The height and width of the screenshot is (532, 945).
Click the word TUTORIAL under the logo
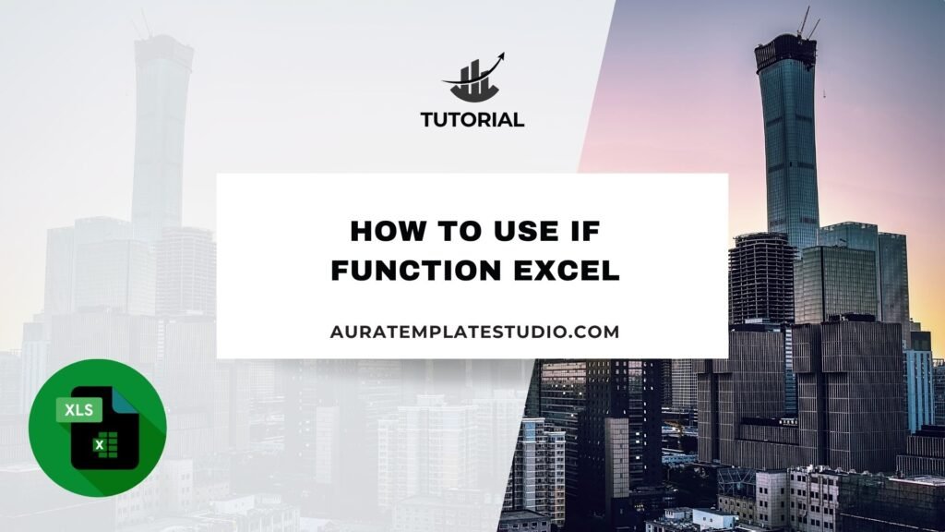point(472,119)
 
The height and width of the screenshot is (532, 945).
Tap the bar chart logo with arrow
point(473,78)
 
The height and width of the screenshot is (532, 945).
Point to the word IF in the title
point(583,231)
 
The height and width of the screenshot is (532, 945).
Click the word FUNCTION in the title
point(416,270)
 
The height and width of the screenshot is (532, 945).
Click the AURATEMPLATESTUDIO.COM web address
point(475,332)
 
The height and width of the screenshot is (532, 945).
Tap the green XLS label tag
point(79,410)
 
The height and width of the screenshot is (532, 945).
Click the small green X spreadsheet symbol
point(100,445)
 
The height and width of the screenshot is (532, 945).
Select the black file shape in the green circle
point(105,428)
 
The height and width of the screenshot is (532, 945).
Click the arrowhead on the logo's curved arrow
point(499,58)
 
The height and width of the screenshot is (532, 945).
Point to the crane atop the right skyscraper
point(807,22)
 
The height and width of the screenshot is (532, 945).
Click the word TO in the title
point(452,231)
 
